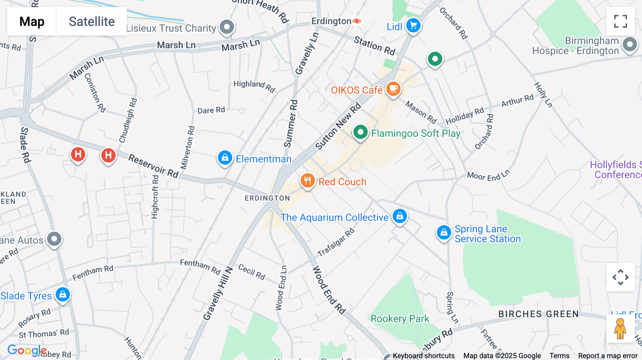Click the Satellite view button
pos(92,21)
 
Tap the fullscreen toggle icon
pos(620,21)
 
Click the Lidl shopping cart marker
pos(413,26)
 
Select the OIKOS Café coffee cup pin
pos(393,89)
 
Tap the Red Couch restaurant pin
pos(307,181)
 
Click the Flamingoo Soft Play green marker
pos(360,132)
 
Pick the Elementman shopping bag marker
pos(225,158)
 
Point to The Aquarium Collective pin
pos(400,216)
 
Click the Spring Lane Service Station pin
pos(444,232)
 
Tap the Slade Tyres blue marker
pos(63,295)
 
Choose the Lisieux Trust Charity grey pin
pos(227,27)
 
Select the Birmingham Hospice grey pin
pos(630,45)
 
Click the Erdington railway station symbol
pos(357,21)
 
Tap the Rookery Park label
pos(399,319)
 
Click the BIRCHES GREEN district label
pos(538,314)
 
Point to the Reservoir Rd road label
pos(153,165)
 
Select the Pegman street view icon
pos(620,328)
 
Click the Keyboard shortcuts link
pos(423,356)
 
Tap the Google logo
pos(27,350)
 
